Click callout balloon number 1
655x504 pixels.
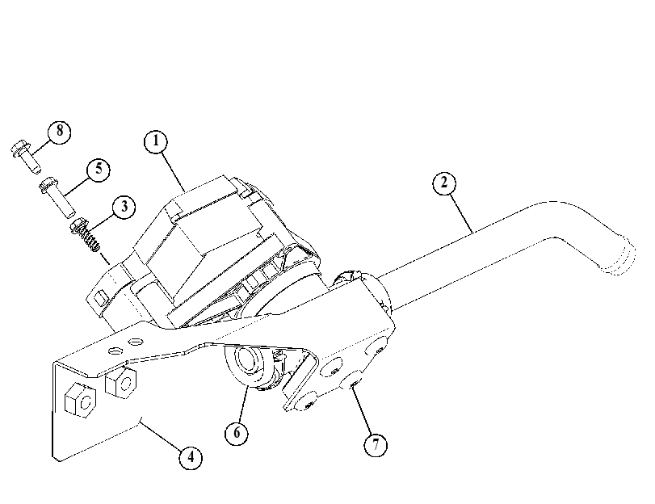[x=156, y=141]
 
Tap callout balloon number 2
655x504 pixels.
[x=443, y=183]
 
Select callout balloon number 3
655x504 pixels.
[x=124, y=207]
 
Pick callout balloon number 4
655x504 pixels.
[x=191, y=457]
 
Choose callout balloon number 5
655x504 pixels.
[x=99, y=170]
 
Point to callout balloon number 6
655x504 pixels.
[x=237, y=433]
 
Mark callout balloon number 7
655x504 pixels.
[x=376, y=445]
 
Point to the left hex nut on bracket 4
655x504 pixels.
[x=80, y=400]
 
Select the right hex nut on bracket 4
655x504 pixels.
[x=120, y=381]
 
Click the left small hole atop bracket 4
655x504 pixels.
[x=115, y=351]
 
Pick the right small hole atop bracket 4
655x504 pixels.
[x=136, y=342]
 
